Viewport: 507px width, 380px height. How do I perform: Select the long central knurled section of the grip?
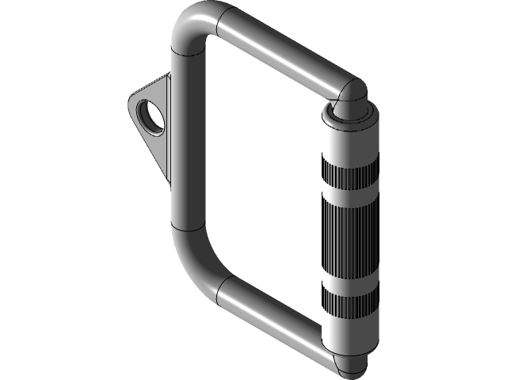348,234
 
